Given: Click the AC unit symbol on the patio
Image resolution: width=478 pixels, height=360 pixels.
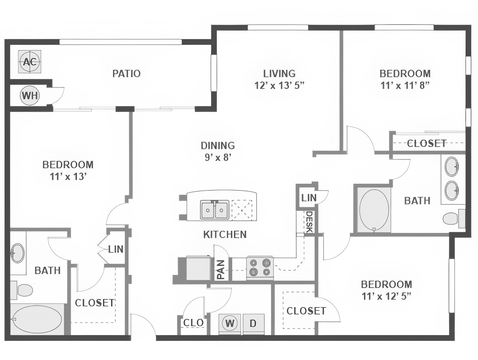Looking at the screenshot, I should (30, 62).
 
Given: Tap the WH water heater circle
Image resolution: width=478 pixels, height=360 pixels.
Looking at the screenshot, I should (30, 96).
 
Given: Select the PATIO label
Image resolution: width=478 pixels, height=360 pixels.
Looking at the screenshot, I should (126, 73).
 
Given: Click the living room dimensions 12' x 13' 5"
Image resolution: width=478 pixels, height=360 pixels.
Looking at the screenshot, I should (279, 86).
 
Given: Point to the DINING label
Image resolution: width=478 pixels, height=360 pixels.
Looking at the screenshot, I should (218, 145).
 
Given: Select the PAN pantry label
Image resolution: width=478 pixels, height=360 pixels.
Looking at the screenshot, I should (221, 269).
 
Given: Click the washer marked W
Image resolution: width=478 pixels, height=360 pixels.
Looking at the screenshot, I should (230, 323).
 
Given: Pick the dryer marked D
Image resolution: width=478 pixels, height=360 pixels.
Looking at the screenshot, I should (253, 323).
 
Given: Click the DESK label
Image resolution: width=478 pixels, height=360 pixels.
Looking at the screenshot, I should (309, 222).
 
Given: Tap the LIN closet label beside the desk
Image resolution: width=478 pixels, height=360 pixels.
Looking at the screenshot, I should (308, 198).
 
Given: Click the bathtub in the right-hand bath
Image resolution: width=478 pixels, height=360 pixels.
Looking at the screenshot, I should (374, 210).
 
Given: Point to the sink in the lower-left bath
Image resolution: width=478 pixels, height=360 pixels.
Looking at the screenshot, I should (17, 253).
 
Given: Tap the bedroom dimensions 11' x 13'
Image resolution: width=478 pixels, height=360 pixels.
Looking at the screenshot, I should (68, 177).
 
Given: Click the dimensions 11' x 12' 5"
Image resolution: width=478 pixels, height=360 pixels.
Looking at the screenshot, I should (386, 296).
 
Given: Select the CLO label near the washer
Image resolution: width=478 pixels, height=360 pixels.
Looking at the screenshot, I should (193, 323).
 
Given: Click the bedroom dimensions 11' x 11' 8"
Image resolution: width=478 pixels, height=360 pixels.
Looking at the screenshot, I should (405, 86).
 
